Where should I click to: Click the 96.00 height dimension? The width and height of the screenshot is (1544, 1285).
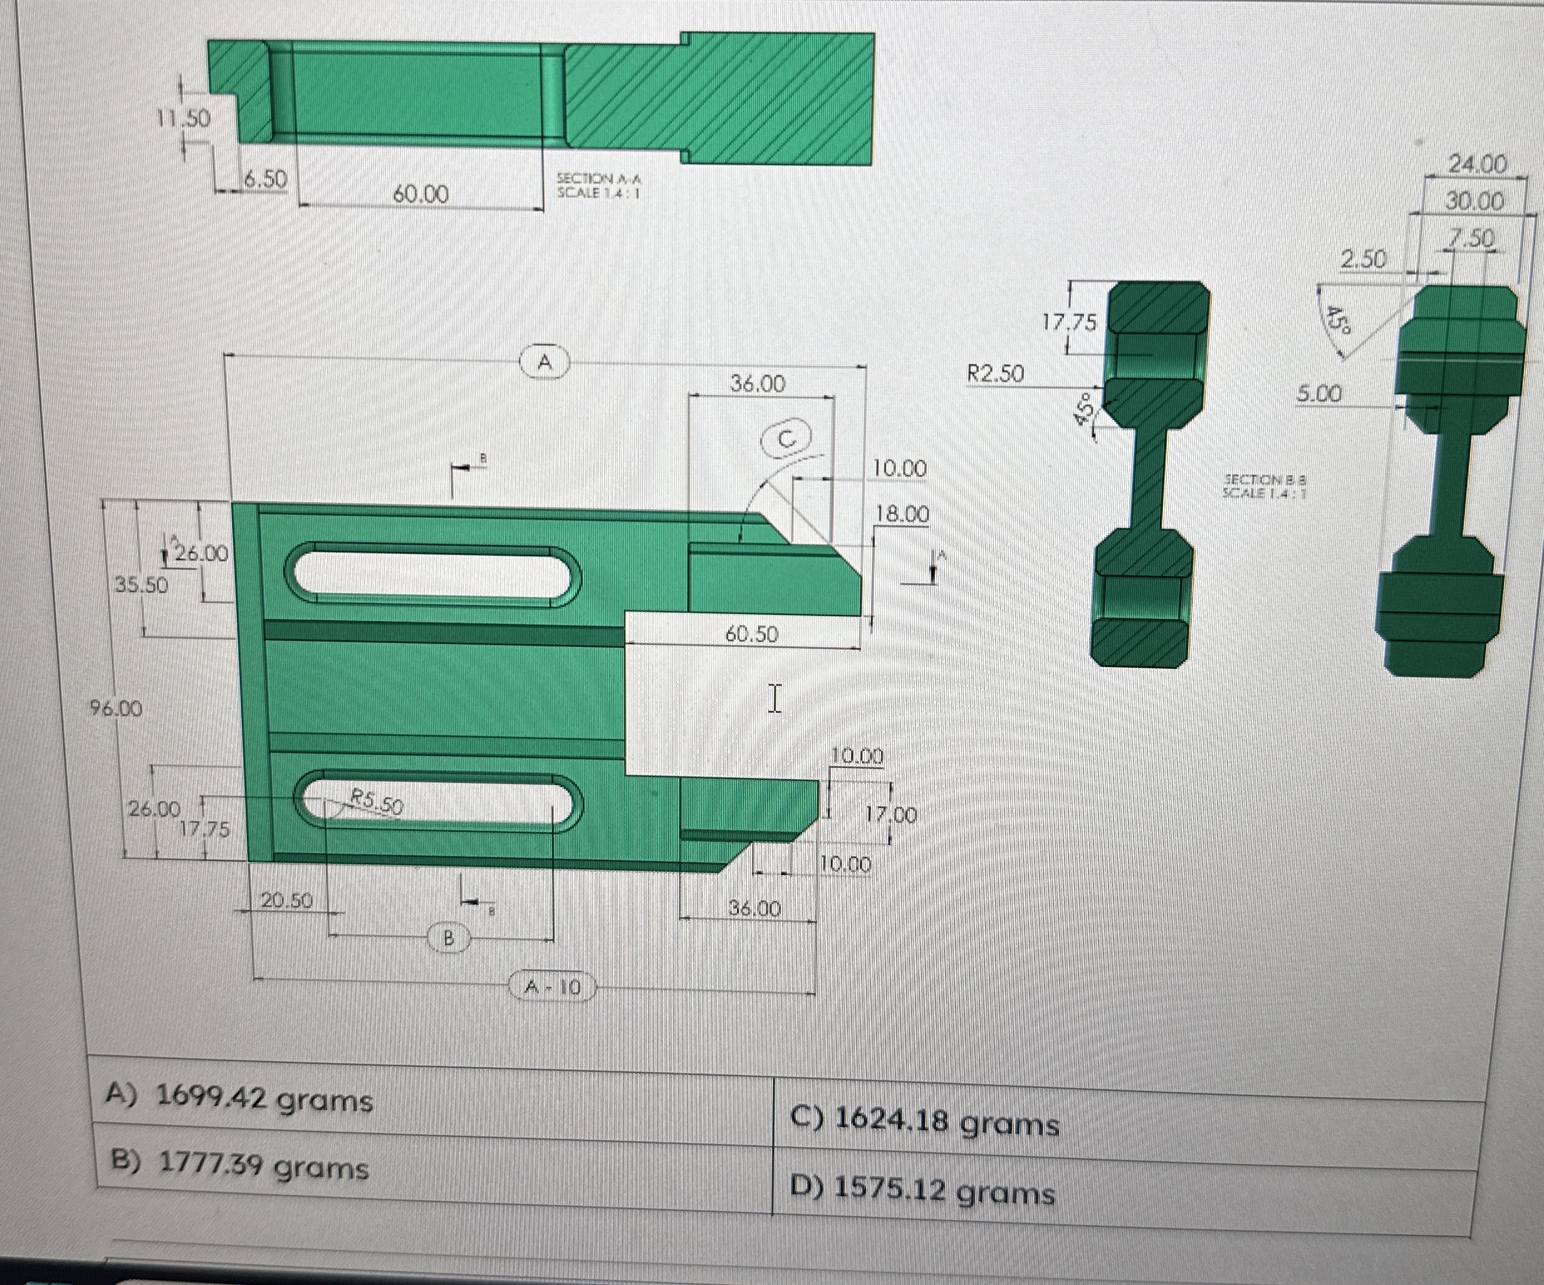(x=116, y=708)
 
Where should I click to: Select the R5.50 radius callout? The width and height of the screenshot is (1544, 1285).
(x=376, y=802)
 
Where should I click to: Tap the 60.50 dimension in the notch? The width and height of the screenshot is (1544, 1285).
(x=751, y=634)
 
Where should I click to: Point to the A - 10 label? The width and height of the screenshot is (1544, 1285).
(x=551, y=987)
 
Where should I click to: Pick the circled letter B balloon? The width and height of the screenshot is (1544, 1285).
(x=449, y=938)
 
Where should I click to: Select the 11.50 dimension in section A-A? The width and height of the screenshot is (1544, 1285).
(x=183, y=118)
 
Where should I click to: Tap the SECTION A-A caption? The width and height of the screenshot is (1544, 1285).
(x=598, y=186)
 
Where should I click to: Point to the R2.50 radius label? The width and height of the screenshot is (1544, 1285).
(x=995, y=374)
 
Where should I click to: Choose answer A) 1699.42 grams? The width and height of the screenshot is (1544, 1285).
(x=239, y=1099)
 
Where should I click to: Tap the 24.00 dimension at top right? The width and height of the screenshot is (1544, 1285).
(x=1476, y=165)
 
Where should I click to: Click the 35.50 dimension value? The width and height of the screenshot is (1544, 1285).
(x=141, y=585)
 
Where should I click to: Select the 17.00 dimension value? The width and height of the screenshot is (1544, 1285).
(x=891, y=815)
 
